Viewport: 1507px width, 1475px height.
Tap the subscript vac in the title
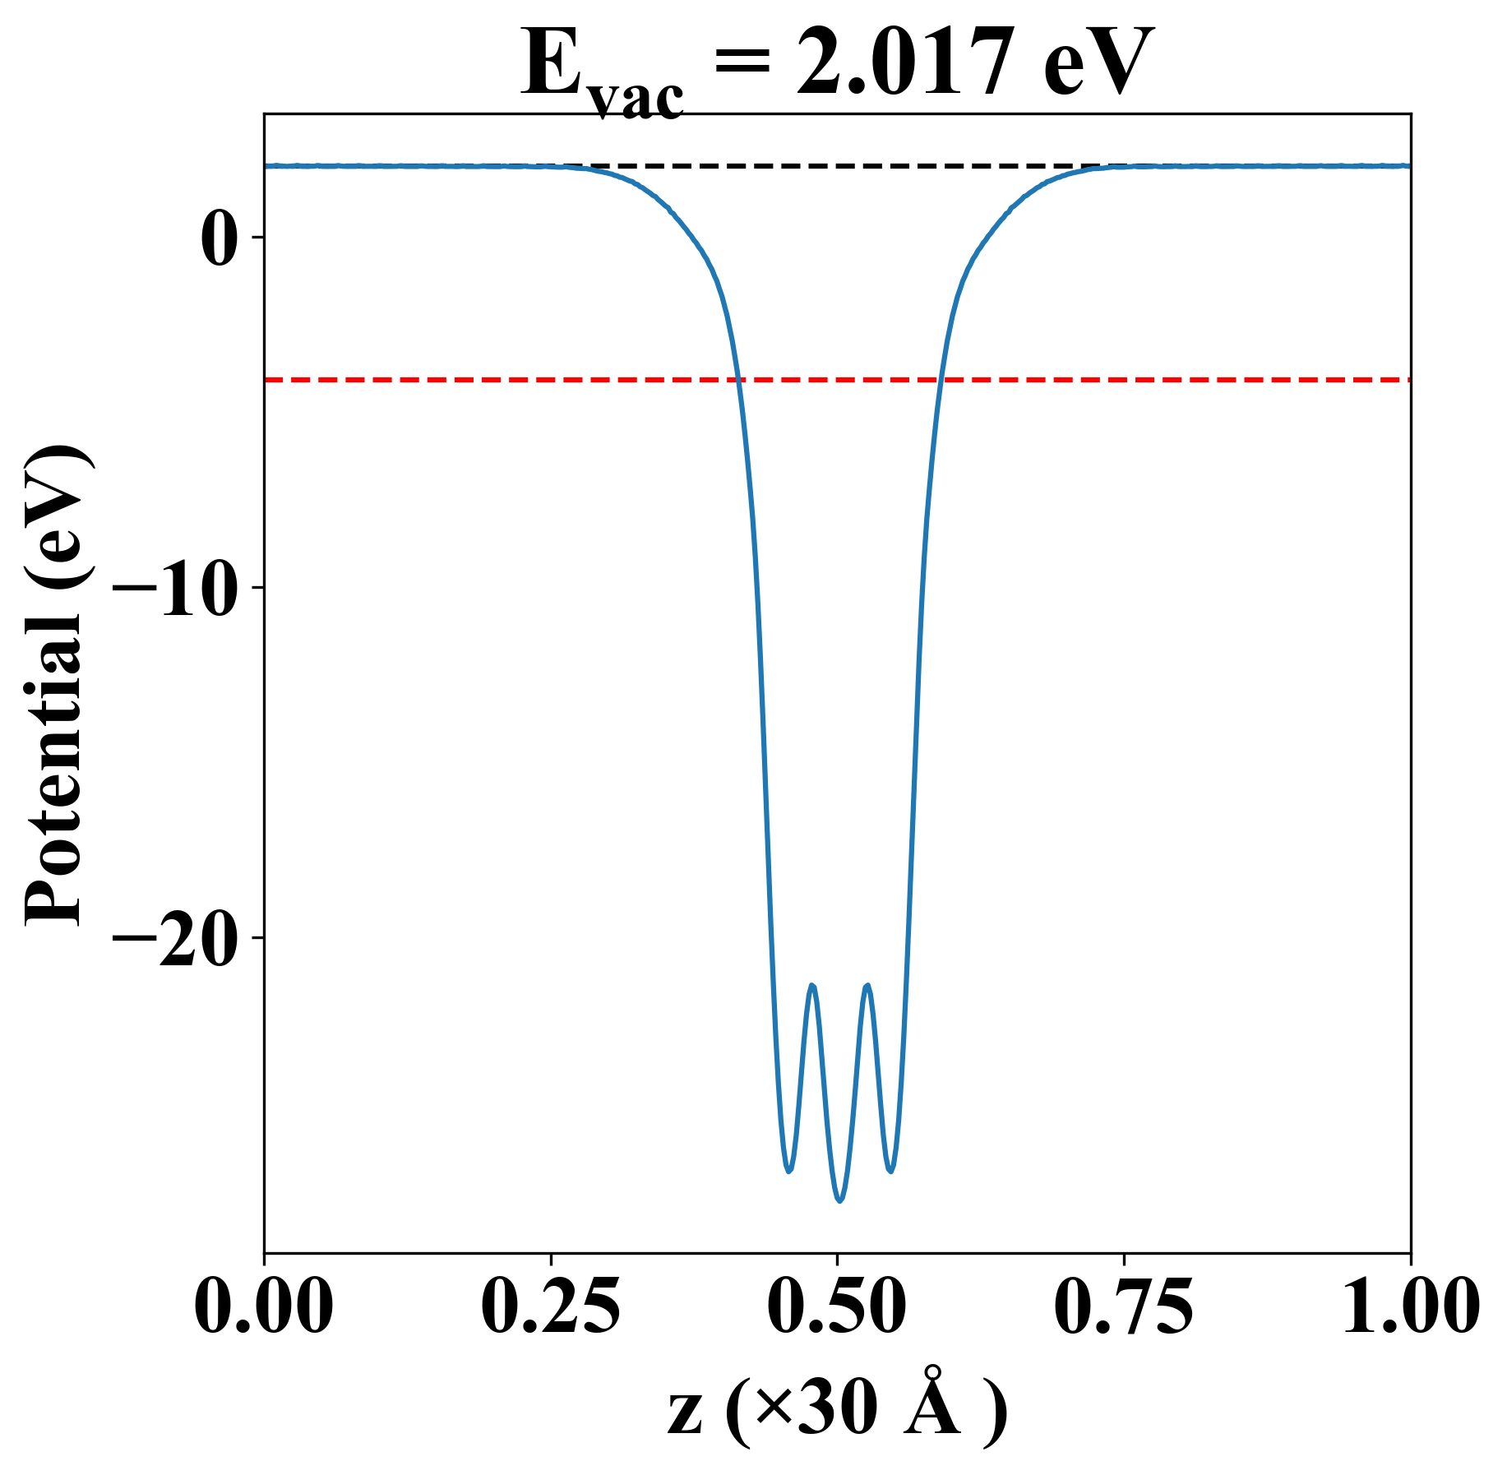click(x=637, y=99)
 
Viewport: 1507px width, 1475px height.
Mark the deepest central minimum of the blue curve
click(x=839, y=1200)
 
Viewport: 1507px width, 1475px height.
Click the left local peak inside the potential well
click(x=812, y=985)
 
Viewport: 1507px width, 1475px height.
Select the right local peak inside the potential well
click(x=867, y=985)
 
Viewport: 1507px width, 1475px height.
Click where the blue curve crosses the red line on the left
click(x=739, y=380)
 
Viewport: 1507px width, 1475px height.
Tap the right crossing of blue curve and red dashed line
click(x=941, y=380)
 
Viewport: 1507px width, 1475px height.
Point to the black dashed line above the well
click(x=839, y=166)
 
